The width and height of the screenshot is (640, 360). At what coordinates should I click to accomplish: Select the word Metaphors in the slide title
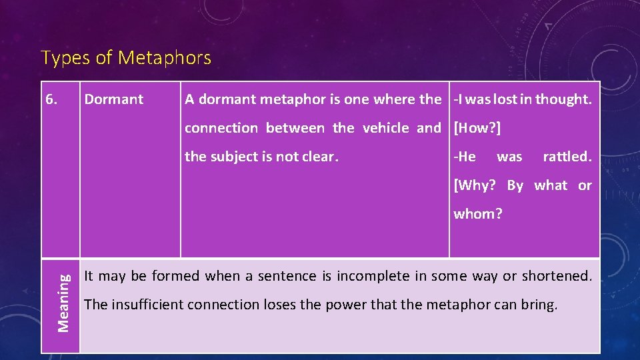(165, 59)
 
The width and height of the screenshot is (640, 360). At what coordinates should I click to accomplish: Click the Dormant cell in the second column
(113, 100)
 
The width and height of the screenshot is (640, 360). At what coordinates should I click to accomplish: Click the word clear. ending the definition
(318, 157)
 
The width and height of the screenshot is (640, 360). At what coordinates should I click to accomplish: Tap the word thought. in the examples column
(564, 100)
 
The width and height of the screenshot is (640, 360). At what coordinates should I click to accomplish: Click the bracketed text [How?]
(477, 128)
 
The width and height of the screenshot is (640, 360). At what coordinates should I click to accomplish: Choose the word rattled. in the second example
(567, 157)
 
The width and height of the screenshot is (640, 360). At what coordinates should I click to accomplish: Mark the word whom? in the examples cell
(478, 214)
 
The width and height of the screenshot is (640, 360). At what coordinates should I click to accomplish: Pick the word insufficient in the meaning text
(147, 305)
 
